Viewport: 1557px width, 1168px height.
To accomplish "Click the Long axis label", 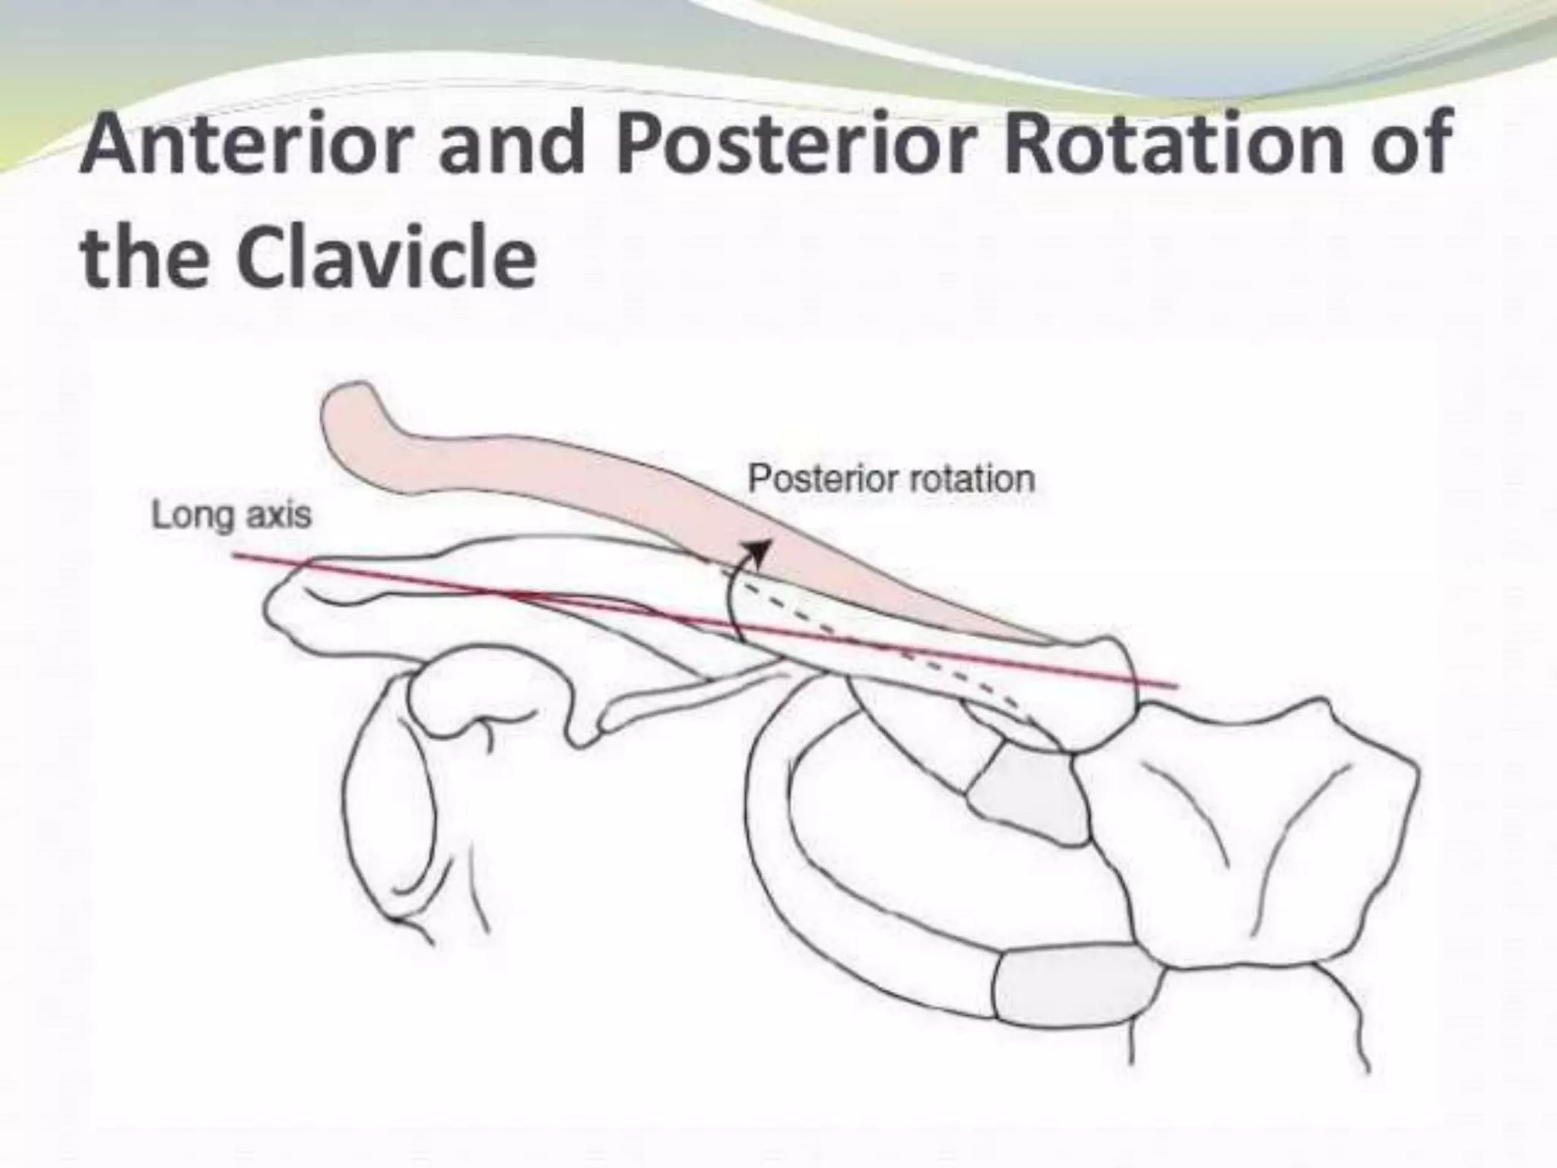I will pos(232,515).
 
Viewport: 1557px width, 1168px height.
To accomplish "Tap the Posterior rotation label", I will pos(891,479).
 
